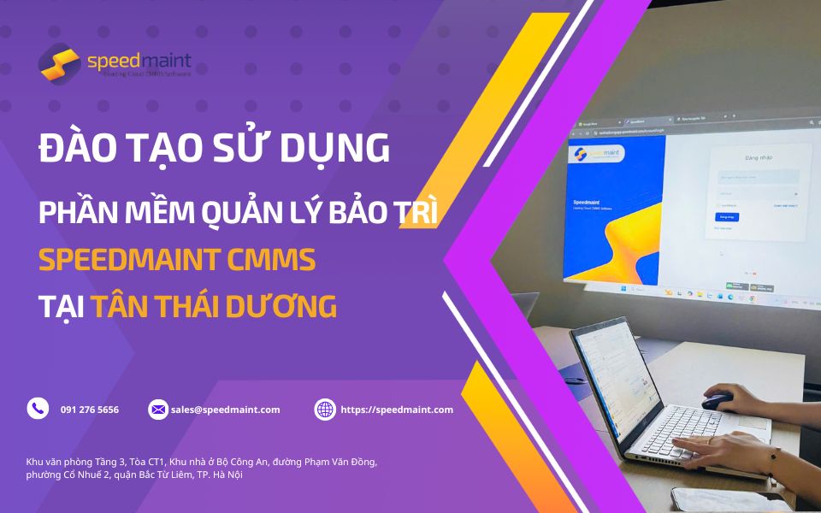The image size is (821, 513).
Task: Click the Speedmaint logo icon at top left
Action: [x=60, y=62]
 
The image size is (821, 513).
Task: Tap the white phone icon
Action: [x=38, y=409]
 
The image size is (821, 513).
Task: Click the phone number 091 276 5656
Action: [x=90, y=410]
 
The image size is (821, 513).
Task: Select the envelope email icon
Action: [x=158, y=410]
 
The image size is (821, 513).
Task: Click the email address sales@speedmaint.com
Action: [x=225, y=410]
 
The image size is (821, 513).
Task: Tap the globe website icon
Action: [x=325, y=410]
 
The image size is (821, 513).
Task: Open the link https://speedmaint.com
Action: [x=397, y=410]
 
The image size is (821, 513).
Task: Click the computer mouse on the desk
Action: [x=718, y=399]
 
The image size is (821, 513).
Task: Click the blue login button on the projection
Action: [x=725, y=217]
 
